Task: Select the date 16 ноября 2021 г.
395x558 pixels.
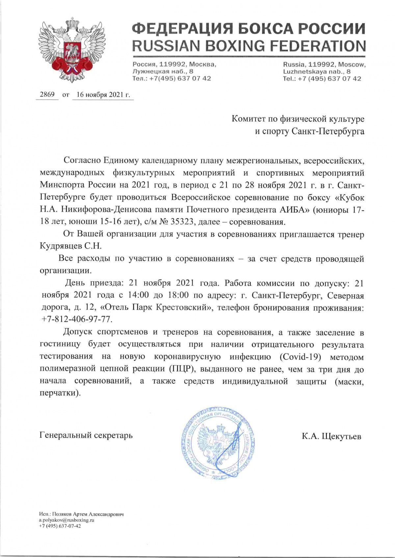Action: [102, 95]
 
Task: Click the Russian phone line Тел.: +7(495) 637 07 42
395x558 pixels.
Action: [171, 79]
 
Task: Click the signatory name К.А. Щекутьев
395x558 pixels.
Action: [331, 436]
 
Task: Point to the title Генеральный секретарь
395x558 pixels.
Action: [86, 435]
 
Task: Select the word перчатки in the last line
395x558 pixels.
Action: [59, 393]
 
